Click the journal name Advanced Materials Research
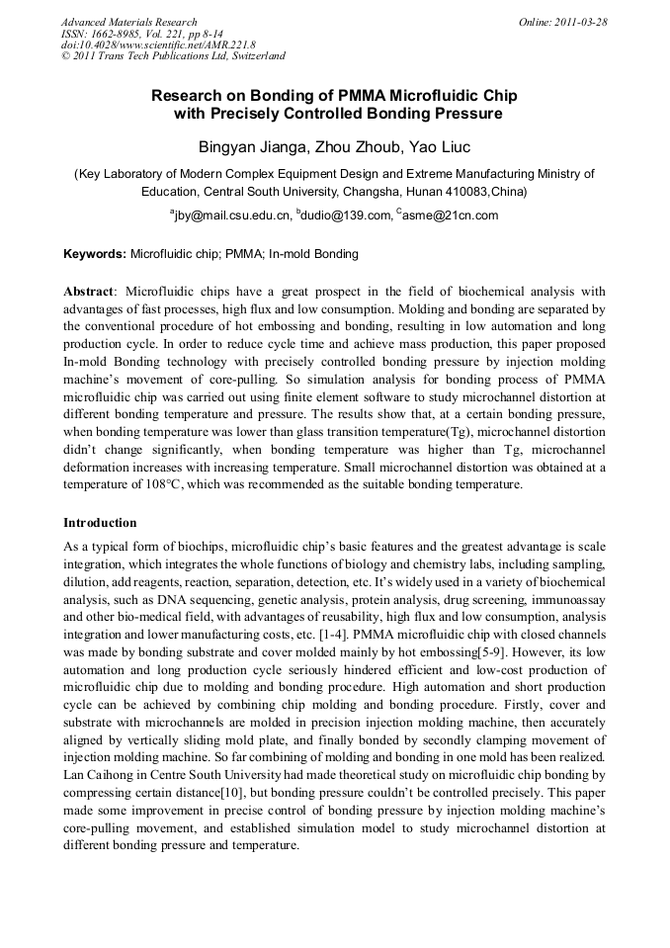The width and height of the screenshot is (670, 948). tap(128, 22)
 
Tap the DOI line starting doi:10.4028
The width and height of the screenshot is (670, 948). tap(158, 44)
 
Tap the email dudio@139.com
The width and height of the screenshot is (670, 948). tap(342, 215)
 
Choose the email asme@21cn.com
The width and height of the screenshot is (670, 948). tap(451, 215)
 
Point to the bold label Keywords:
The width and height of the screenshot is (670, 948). tap(95, 254)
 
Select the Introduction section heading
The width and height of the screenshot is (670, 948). tap(100, 523)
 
